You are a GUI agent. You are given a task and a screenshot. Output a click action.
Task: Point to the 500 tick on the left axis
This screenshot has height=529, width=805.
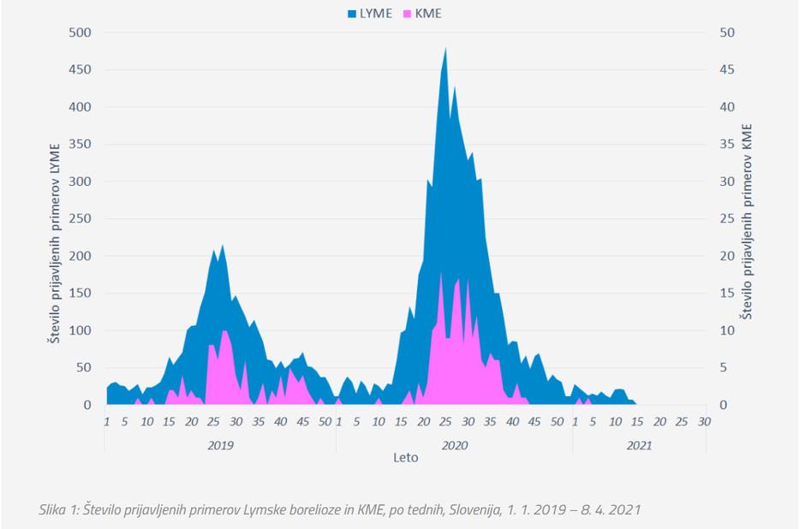point(81,33)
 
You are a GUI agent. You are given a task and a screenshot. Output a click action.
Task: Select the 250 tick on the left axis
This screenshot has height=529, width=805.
point(81,218)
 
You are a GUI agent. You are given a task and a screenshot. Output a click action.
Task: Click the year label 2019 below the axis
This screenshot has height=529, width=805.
point(220,445)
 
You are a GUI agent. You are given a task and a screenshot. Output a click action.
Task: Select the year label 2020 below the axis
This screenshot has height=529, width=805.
point(454,445)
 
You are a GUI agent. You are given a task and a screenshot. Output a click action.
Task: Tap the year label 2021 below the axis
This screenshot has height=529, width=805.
point(639,445)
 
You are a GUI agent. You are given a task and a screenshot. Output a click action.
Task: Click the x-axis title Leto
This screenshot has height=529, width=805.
point(406,458)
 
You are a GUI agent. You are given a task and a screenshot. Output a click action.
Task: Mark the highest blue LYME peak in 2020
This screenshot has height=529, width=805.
point(446,49)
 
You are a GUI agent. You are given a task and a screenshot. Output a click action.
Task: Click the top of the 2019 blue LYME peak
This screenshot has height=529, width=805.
point(223,246)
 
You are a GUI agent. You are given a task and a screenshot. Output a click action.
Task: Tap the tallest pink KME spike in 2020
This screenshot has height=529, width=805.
point(441,274)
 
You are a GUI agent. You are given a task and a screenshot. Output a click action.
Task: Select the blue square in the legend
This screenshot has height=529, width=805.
point(352,13)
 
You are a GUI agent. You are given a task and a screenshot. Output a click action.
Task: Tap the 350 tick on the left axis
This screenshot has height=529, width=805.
point(81,144)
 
